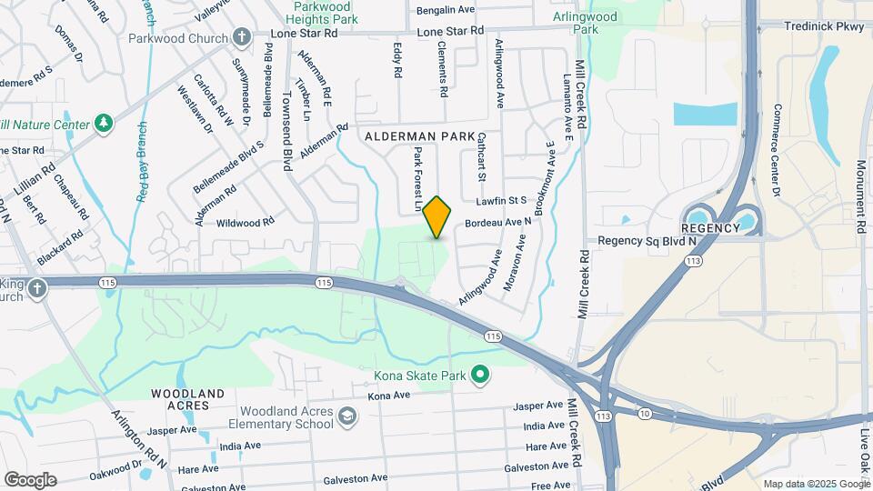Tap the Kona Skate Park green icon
click(481, 375)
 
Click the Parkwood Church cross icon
click(241, 37)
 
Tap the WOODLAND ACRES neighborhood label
click(187, 399)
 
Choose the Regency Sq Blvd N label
click(647, 241)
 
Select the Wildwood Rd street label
click(245, 222)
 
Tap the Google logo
click(30, 479)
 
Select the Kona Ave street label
click(389, 396)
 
